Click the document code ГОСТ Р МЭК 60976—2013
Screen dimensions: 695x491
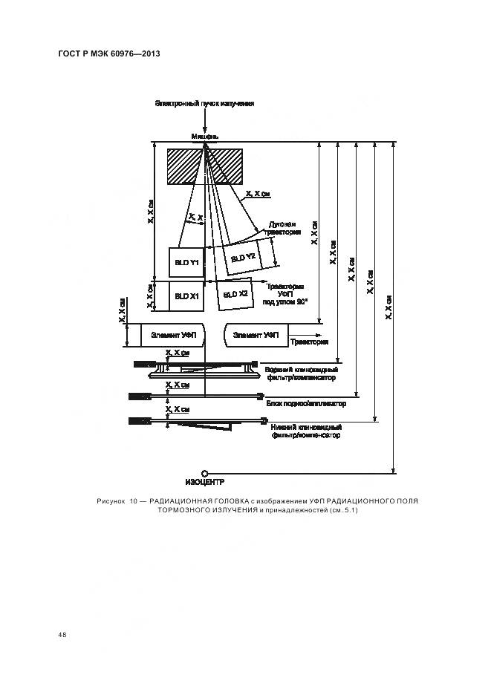pos(109,54)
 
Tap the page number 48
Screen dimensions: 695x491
pos(62,635)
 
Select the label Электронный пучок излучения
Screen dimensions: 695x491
pos(204,103)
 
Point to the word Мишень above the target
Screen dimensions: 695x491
pos(205,137)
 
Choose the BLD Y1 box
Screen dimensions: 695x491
pos(186,263)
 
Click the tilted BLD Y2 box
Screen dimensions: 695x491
pos(244,257)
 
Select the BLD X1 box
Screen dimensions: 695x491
pos(186,296)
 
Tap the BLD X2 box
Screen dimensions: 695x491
pos(236,295)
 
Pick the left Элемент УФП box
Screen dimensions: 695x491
pos(172,335)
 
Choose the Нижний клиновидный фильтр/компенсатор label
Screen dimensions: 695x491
pos(303,431)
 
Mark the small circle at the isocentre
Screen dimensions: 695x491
pos(204,471)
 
